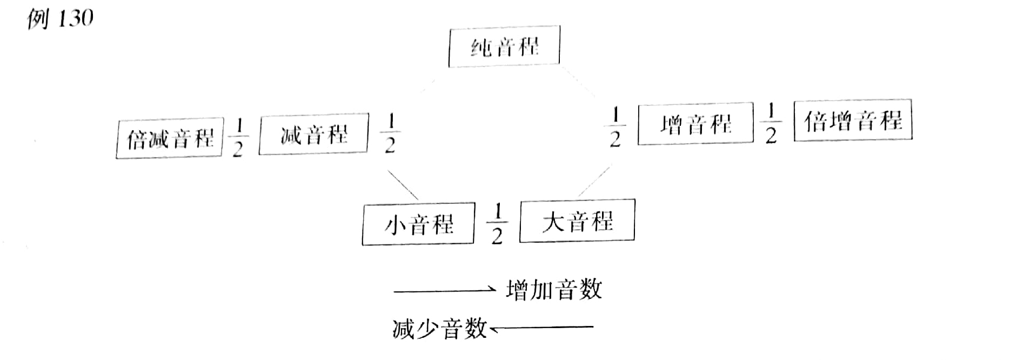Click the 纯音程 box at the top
(x=504, y=46)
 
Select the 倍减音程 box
(x=170, y=138)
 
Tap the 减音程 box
(x=313, y=134)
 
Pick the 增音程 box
(x=695, y=124)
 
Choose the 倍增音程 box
(x=853, y=120)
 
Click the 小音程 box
(x=418, y=224)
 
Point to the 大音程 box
(x=577, y=221)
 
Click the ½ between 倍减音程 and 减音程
(x=238, y=138)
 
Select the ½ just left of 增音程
(x=614, y=128)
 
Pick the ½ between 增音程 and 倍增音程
(x=771, y=124)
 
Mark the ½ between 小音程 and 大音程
(x=497, y=223)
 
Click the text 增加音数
(x=554, y=290)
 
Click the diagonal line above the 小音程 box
(x=402, y=185)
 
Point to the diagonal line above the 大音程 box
(x=594, y=182)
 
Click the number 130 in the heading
(x=75, y=19)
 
